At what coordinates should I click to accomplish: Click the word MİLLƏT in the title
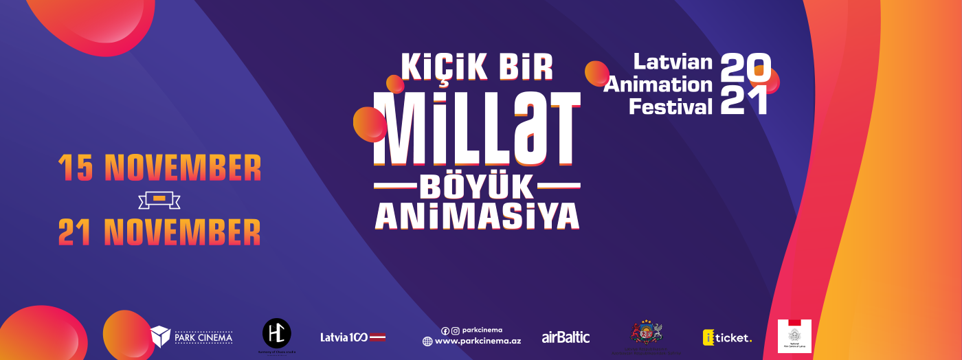pos(476,129)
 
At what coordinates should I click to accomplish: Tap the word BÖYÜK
pos(477,185)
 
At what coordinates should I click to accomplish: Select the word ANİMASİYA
pos(477,216)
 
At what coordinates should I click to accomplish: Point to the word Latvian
pos(672,62)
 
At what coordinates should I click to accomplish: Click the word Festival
pos(671,106)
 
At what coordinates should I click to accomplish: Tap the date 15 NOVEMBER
pos(159,168)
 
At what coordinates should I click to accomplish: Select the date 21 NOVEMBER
pos(159,232)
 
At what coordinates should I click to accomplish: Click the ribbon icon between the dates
pos(159,200)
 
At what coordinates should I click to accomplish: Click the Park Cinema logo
pos(192,337)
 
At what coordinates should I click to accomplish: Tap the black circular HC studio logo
pos(277,333)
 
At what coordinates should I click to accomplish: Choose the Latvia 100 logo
pos(353,337)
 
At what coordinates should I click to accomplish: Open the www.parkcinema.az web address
pos(478,341)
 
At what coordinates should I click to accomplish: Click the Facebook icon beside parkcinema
pos(445,330)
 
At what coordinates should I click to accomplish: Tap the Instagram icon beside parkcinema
pos(455,330)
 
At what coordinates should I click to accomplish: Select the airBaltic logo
pos(566,337)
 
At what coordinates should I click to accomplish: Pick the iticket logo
pos(727,337)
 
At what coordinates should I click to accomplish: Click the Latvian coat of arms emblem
pos(646,334)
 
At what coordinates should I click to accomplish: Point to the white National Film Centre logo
pos(794,336)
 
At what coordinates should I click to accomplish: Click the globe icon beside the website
pos(427,341)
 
